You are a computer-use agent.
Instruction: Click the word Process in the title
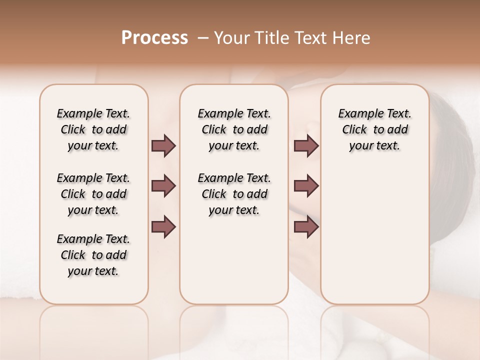point(154,38)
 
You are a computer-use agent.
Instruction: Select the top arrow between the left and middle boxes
point(163,146)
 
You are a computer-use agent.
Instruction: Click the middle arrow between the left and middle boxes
point(163,186)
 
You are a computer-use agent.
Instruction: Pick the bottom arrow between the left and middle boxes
point(163,226)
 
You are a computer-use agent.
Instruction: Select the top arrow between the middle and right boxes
point(306,146)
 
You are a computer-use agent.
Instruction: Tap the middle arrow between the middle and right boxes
point(306,186)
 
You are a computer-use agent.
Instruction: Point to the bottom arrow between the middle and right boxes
point(306,226)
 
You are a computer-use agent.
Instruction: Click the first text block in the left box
point(93,129)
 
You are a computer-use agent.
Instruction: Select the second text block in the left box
point(93,194)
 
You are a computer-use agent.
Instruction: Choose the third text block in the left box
point(93,255)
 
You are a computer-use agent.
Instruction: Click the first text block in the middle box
point(234,129)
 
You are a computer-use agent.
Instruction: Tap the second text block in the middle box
point(234,194)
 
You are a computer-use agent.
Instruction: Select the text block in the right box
point(375,129)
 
